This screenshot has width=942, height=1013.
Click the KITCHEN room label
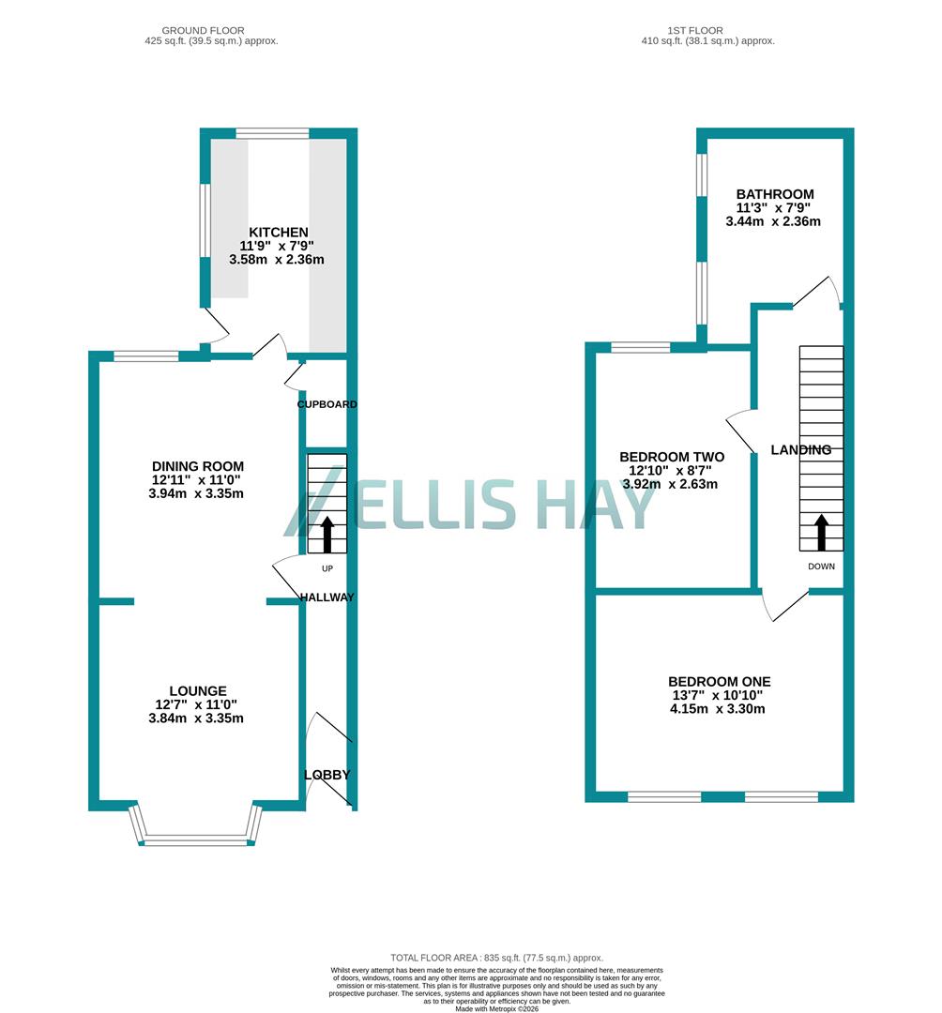pyautogui.click(x=278, y=233)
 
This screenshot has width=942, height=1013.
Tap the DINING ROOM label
pyautogui.click(x=198, y=466)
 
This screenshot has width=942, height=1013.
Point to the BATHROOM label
pyautogui.click(x=774, y=194)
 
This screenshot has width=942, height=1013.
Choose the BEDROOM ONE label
pyautogui.click(x=720, y=682)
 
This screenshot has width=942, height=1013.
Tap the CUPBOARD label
pyautogui.click(x=327, y=404)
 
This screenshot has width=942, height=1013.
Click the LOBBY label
pyautogui.click(x=327, y=775)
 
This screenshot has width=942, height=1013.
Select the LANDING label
pyautogui.click(x=800, y=450)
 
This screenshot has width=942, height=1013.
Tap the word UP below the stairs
pyautogui.click(x=327, y=568)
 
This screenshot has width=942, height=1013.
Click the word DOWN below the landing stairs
pyautogui.click(x=821, y=567)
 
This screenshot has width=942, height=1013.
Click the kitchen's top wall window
pyautogui.click(x=272, y=133)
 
